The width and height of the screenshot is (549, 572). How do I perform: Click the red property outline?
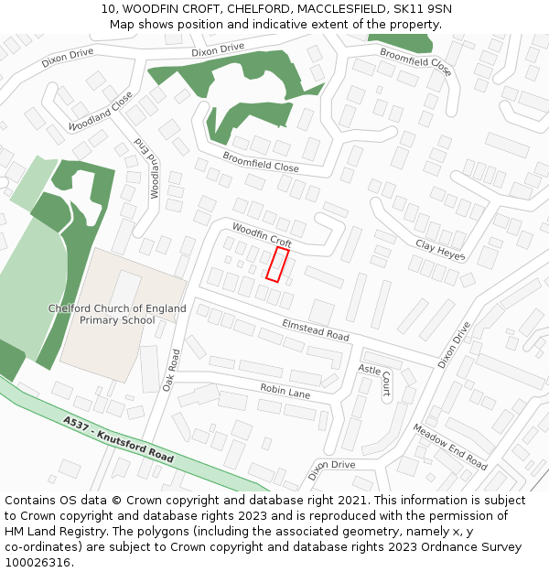(277, 264)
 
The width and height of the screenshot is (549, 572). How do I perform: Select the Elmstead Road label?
(316, 330)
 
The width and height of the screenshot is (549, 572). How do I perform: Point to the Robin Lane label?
(285, 391)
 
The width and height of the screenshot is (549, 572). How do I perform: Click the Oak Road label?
(170, 370)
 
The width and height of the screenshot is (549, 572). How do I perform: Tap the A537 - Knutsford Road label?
(119, 438)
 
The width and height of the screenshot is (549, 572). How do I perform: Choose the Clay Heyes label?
(440, 250)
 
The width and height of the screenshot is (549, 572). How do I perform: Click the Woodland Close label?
(101, 111)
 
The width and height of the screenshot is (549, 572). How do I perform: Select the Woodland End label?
(147, 169)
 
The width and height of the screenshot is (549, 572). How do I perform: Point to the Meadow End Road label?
(449, 447)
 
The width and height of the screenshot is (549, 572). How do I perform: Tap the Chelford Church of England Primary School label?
(117, 314)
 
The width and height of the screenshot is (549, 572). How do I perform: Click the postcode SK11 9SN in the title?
(422, 9)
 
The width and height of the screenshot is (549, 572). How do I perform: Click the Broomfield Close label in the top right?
(415, 62)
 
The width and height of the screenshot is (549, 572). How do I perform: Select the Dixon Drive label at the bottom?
(331, 466)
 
